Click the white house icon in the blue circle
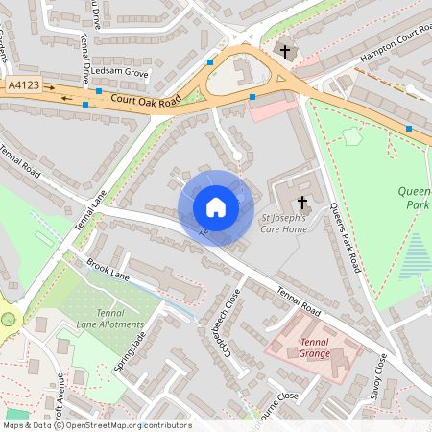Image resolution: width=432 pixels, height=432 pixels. tap(216, 207)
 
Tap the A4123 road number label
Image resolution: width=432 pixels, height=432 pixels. tap(25, 86)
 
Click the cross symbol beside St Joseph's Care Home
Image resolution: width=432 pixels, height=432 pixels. tap(302, 203)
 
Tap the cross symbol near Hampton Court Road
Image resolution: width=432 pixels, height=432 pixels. tap(284, 50)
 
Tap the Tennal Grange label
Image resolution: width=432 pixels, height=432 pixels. tap(314, 348)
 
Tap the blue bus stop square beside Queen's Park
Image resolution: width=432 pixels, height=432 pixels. tap(409, 128)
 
